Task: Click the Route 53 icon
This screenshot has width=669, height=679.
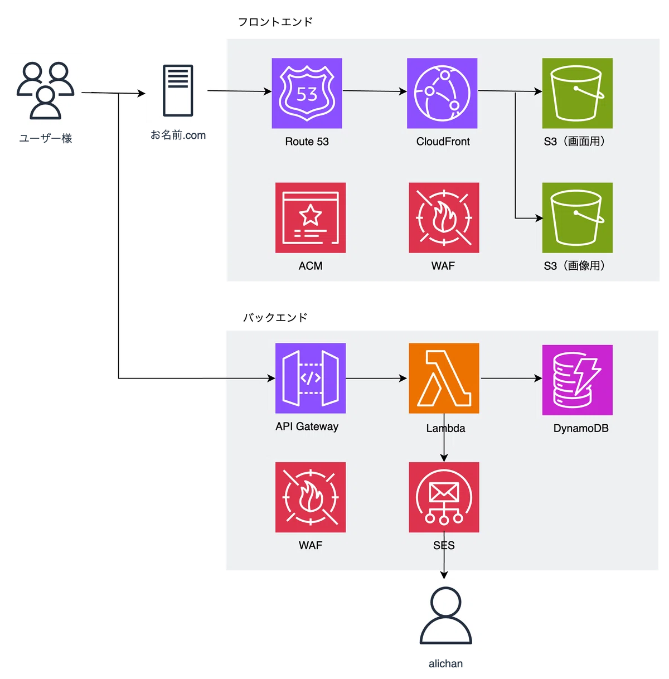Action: tap(307, 93)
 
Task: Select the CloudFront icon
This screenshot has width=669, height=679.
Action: tap(442, 93)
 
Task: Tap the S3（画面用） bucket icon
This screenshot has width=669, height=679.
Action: tap(578, 93)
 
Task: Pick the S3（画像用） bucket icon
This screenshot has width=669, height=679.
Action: tap(578, 218)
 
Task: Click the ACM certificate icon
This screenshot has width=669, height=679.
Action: tap(310, 218)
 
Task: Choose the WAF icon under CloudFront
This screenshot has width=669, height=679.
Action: tap(444, 218)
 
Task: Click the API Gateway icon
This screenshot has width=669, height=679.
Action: tap(310, 378)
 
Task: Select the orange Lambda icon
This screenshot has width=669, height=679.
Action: tap(444, 378)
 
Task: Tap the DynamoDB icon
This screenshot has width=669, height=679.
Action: tap(578, 380)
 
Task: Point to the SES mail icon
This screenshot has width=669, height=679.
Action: tap(444, 497)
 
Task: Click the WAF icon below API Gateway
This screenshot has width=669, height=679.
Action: tap(310, 497)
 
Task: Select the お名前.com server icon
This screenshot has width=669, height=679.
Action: tap(178, 90)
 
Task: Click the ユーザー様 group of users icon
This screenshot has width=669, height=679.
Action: tap(46, 90)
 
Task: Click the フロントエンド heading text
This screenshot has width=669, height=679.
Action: tap(275, 22)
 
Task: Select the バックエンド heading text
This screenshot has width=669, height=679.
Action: tap(275, 317)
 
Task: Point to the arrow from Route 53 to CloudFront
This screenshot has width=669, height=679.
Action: tap(375, 91)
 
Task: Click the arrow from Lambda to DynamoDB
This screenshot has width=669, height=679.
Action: tap(511, 379)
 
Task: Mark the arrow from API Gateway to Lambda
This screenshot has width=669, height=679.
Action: tap(376, 379)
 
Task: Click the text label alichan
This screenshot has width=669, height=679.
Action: tap(445, 663)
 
